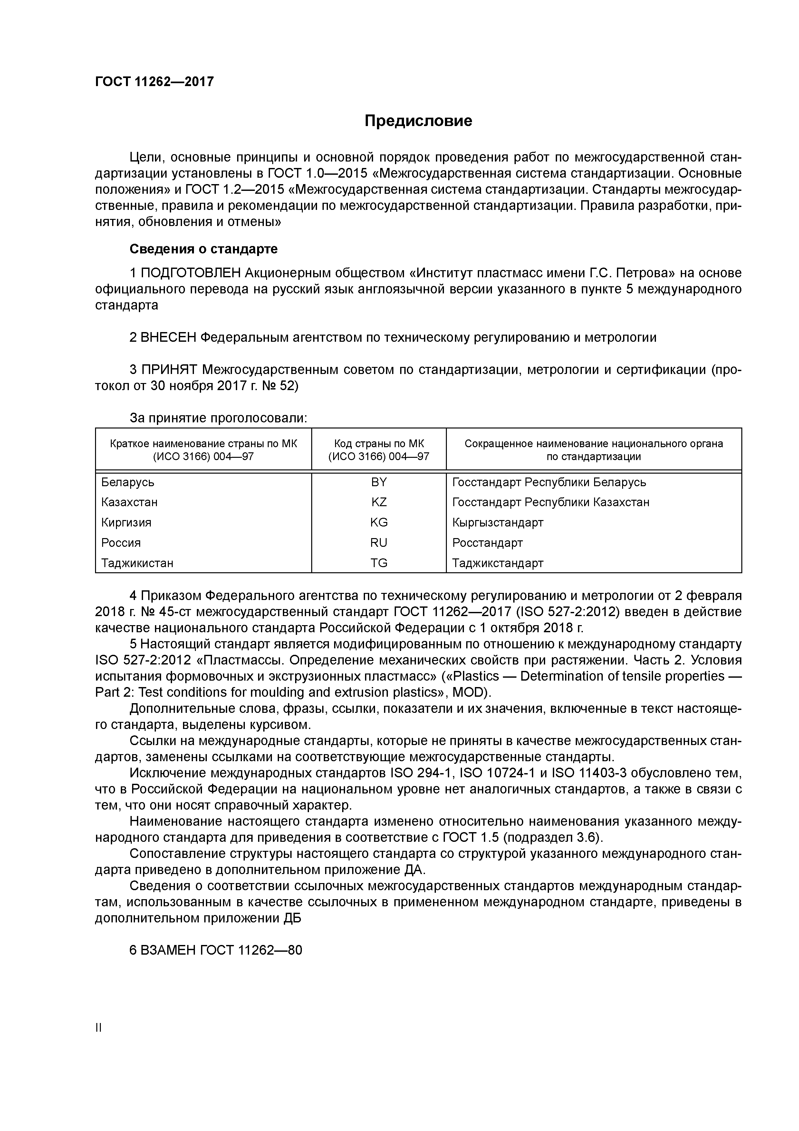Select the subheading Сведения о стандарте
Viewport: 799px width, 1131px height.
click(203, 249)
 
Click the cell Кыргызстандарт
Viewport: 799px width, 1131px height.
click(498, 523)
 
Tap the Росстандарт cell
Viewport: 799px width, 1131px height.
click(487, 543)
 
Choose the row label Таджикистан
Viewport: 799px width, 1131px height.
click(137, 563)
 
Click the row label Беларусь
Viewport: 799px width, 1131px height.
click(128, 482)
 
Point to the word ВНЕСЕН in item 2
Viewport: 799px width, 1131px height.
click(168, 338)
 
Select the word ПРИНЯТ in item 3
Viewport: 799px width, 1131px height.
click(169, 369)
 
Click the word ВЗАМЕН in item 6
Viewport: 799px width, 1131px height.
click(168, 950)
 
